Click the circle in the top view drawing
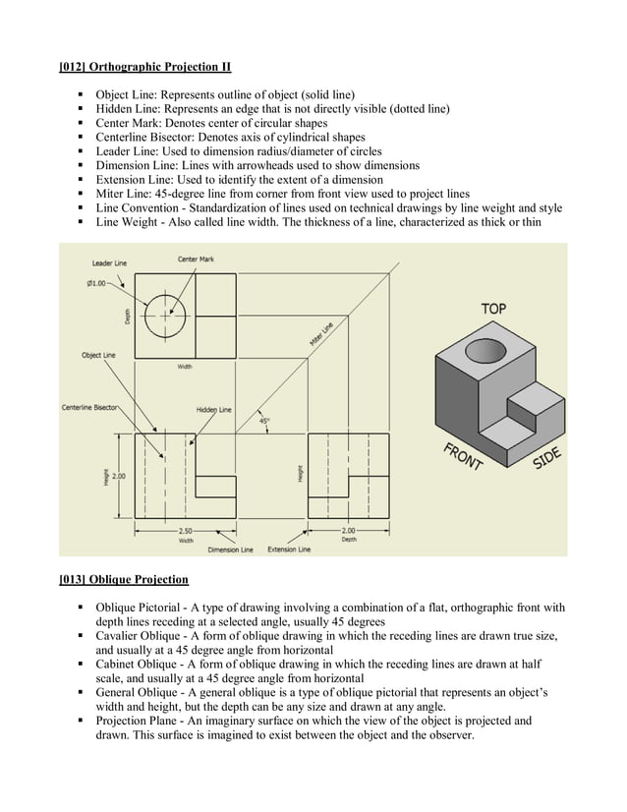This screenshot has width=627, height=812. tap(164, 316)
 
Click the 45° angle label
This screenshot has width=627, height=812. tap(265, 420)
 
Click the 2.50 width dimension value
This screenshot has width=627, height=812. tap(185, 530)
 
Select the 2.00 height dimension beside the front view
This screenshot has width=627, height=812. tap(119, 476)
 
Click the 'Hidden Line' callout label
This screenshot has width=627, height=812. tap(213, 409)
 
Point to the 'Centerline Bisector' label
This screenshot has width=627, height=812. tap(90, 406)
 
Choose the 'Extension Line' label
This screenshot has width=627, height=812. tap(289, 549)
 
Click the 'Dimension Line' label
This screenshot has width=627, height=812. tap(230, 550)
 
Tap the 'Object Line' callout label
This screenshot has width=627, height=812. tap(98, 355)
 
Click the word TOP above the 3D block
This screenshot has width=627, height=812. tap(493, 309)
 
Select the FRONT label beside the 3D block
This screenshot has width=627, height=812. tap(462, 457)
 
